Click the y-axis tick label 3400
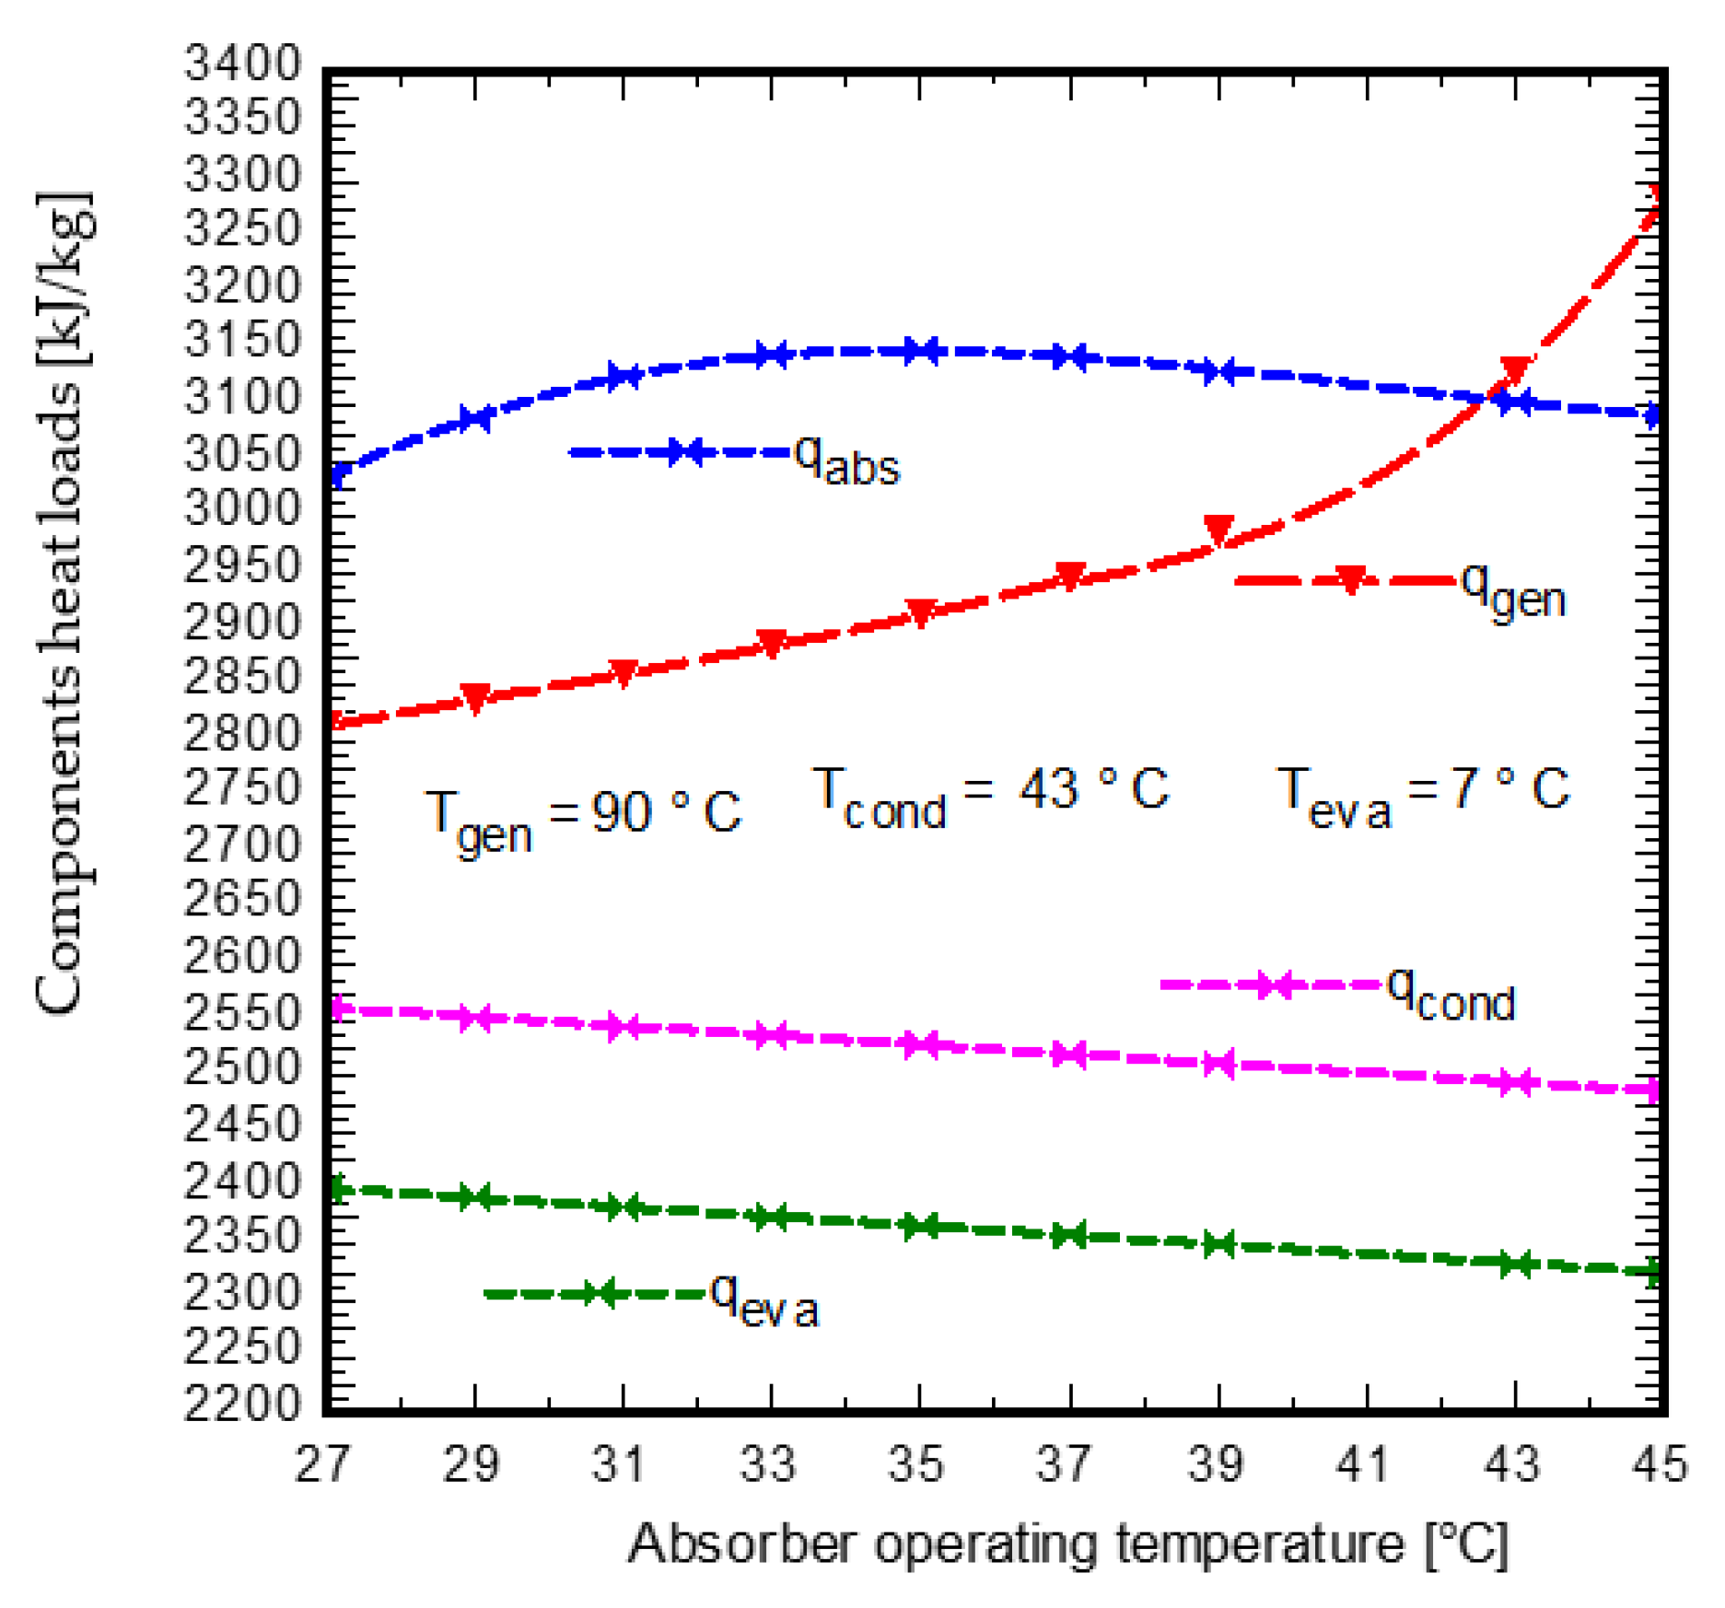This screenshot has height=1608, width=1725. click(242, 64)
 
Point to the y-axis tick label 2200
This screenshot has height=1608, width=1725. click(242, 1404)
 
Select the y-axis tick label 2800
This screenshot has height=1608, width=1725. click(242, 734)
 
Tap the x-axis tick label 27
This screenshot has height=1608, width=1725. click(322, 1464)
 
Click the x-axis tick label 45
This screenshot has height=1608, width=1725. click(1660, 1464)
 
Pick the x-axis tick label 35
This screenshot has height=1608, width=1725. click(916, 1464)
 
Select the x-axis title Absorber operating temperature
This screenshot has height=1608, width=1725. click(1068, 1544)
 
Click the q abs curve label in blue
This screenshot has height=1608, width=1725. click(845, 458)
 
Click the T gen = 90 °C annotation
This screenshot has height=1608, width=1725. click(582, 817)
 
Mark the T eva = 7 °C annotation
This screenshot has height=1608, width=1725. click(1423, 794)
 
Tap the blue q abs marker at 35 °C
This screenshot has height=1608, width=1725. click(920, 351)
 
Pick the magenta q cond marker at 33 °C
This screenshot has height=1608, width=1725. click(771, 1035)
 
